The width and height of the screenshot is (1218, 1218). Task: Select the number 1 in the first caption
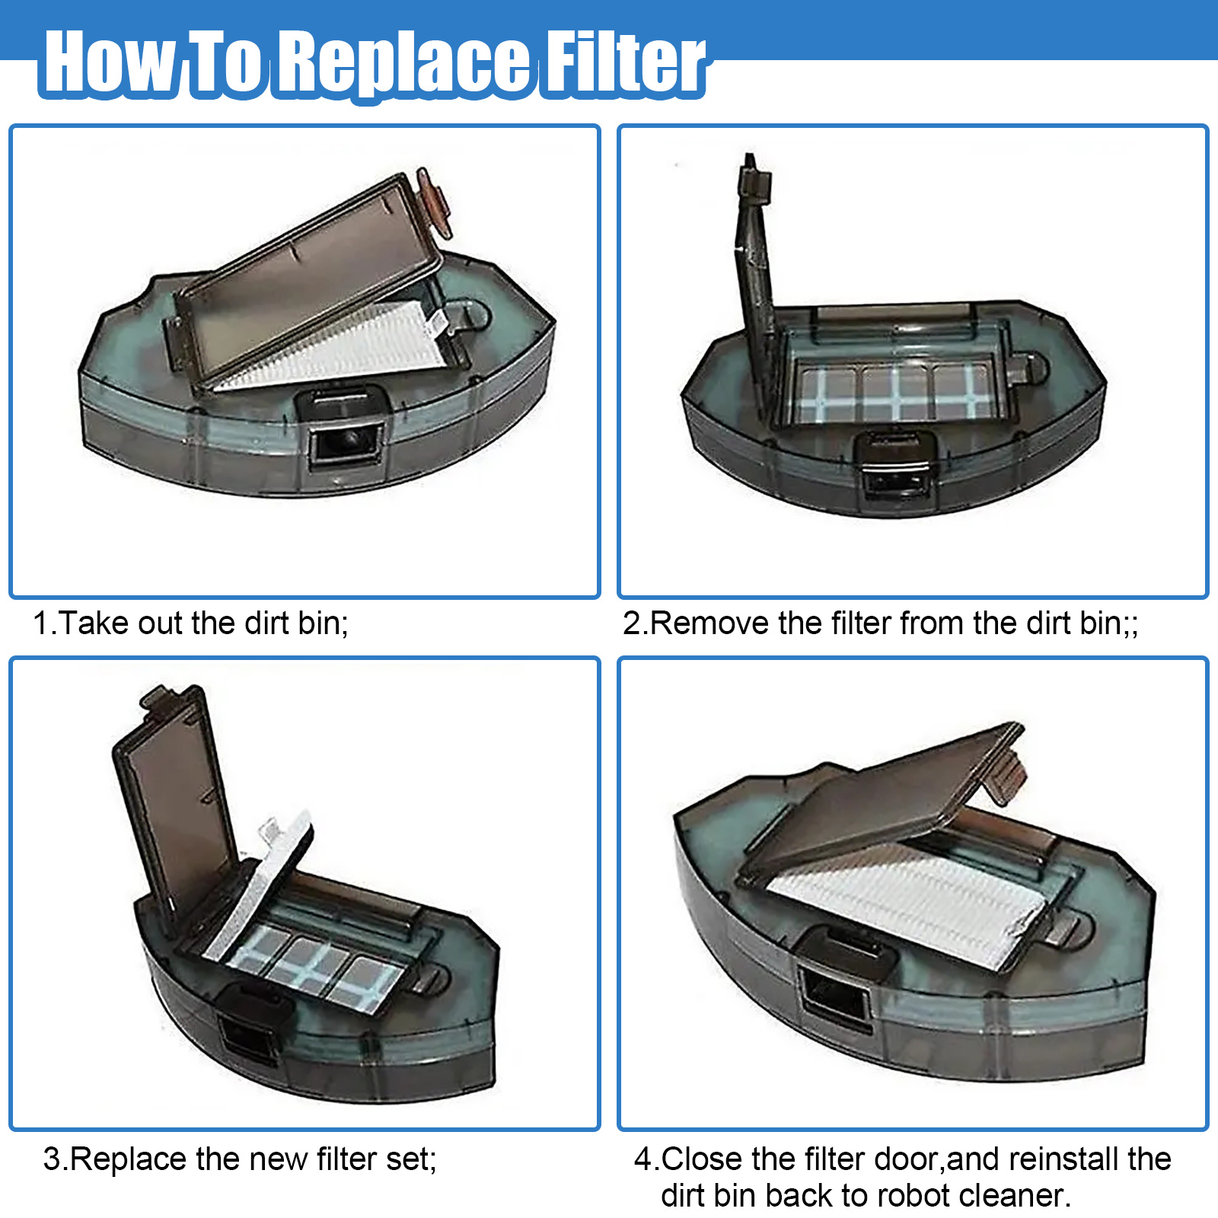[x=41, y=623]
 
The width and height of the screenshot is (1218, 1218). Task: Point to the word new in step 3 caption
[x=280, y=1159]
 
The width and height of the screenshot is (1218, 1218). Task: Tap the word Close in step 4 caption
[x=702, y=1159]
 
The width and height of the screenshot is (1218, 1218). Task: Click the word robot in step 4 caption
[x=911, y=1196]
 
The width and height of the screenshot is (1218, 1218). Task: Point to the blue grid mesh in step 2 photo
[x=894, y=393]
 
